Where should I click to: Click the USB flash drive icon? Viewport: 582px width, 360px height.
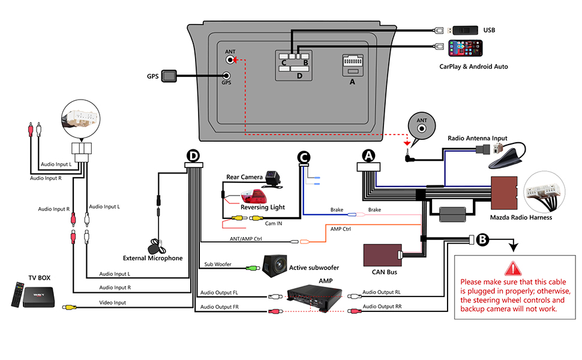(465, 29)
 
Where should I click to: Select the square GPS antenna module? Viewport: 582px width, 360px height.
(170, 76)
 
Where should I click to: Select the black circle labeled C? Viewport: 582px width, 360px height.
(304, 157)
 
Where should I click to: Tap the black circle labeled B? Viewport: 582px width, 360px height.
(482, 239)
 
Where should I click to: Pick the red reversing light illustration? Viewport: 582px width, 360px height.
(254, 198)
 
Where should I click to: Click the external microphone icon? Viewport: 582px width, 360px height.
(159, 245)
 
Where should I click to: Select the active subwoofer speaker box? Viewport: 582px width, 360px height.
(274, 265)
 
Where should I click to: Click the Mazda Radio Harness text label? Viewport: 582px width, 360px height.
(521, 217)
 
